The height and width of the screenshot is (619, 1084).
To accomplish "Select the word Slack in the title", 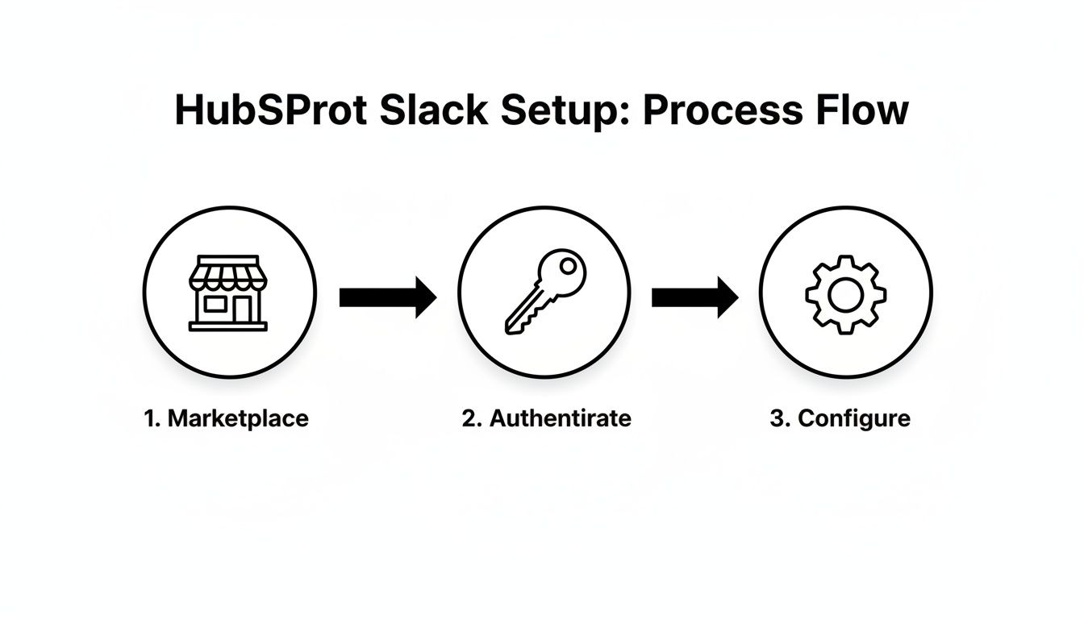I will (x=433, y=110).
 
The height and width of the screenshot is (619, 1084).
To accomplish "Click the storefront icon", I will (x=228, y=293).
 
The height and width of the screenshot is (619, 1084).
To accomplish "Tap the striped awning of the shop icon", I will (x=228, y=273).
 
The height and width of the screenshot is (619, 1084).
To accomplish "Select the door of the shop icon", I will (x=243, y=309).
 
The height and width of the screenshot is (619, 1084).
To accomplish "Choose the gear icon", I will (x=845, y=294).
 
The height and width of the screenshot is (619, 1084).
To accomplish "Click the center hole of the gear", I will (x=845, y=294).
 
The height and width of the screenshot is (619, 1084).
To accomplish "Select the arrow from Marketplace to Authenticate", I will (x=388, y=297).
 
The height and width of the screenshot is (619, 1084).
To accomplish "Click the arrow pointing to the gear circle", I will (x=694, y=297).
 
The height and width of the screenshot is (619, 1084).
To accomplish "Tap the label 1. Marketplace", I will (x=227, y=419).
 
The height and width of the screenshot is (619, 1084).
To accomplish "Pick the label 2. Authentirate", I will (x=546, y=419).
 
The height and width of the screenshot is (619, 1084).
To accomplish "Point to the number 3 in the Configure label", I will (x=777, y=419).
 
